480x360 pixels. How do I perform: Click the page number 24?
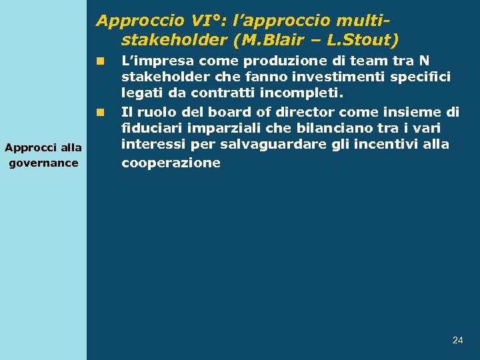pyautogui.click(x=457, y=340)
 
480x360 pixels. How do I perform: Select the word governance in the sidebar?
pyautogui.click(x=43, y=163)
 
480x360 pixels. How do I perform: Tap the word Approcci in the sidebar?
pyautogui.click(x=26, y=148)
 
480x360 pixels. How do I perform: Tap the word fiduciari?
pyautogui.click(x=149, y=127)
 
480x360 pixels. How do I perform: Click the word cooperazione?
pyautogui.click(x=171, y=163)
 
